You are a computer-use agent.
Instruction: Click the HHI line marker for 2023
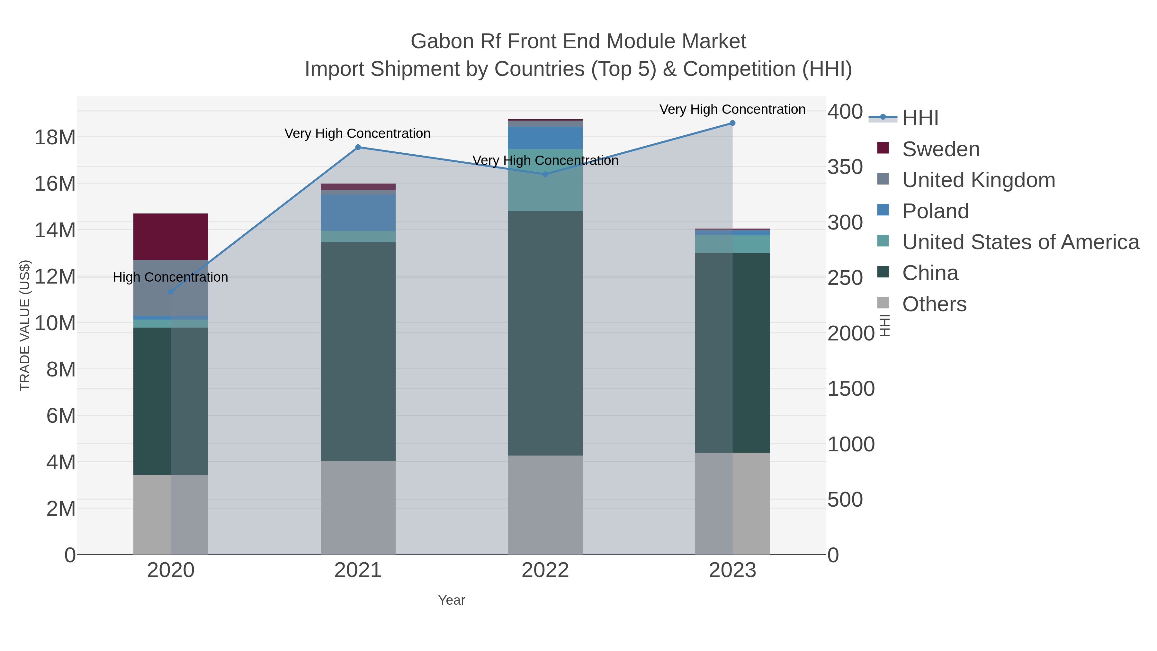tap(732, 123)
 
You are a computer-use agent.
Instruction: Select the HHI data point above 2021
tap(358, 147)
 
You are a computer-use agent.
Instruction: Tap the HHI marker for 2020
tap(171, 292)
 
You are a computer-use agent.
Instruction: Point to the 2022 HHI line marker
tap(545, 174)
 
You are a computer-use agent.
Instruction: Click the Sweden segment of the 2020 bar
tap(171, 236)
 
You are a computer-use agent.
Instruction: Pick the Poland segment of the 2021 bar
tap(358, 212)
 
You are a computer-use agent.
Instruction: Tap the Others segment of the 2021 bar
tap(358, 508)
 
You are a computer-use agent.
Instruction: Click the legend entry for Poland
tap(935, 211)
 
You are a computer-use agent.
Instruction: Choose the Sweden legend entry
tap(940, 149)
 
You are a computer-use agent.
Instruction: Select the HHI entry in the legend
tap(920, 118)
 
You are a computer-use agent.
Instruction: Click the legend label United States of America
tap(1020, 242)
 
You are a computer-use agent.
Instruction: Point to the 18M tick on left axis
tap(55, 138)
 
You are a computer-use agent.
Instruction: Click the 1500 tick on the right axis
tap(851, 389)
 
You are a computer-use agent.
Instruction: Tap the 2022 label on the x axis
tap(545, 571)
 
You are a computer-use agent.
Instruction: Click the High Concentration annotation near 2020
tap(171, 277)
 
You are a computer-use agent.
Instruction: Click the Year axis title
tap(452, 600)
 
